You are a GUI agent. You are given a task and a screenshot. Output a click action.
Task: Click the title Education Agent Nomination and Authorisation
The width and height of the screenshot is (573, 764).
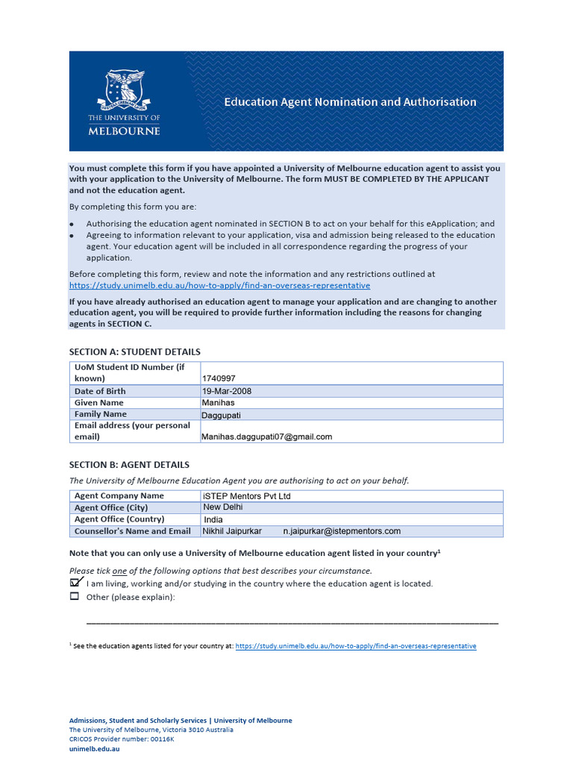350,102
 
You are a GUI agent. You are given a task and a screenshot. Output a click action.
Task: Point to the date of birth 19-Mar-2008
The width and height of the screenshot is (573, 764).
227,391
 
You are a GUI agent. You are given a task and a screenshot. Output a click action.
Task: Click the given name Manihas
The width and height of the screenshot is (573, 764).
218,403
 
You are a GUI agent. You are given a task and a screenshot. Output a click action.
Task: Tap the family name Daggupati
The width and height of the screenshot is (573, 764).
222,415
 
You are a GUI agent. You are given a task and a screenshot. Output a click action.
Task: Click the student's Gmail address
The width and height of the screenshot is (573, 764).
267,436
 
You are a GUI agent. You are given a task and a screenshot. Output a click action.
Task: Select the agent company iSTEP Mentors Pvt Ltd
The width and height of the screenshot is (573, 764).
247,496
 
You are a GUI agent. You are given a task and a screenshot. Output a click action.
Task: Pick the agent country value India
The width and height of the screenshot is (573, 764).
214,519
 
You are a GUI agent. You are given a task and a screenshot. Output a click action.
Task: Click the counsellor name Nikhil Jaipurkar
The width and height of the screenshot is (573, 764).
232,531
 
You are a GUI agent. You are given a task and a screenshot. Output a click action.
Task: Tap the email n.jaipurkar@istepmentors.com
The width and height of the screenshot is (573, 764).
342,531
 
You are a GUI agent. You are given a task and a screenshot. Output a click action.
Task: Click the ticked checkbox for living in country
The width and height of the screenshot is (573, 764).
75,583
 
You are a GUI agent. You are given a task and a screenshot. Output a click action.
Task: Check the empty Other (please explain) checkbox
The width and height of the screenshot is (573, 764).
74,596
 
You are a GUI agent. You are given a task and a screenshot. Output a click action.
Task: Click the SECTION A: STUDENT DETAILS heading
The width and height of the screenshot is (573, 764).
134,351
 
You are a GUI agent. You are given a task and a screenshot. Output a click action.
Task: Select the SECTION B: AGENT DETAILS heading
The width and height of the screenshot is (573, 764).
129,465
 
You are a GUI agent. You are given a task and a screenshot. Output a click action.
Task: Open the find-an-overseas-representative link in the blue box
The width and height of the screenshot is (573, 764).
219,285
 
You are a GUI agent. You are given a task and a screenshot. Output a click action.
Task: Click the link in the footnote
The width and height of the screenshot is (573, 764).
355,646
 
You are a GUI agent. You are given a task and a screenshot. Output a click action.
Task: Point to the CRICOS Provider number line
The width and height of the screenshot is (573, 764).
122,739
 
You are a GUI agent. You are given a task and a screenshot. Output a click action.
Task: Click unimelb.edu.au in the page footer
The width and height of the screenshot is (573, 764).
94,748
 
